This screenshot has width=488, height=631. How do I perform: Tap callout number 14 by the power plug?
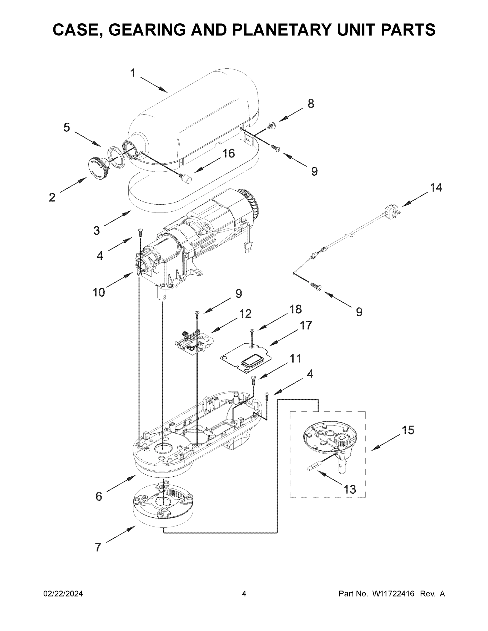436,188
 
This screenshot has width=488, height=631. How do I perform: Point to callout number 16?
229,154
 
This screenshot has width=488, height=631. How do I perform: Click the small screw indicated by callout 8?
271,126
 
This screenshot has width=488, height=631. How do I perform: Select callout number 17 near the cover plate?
306,325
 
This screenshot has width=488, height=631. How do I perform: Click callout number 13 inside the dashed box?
350,490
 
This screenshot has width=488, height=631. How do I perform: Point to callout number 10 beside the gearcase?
99,292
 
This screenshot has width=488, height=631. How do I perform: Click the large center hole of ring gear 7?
164,502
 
